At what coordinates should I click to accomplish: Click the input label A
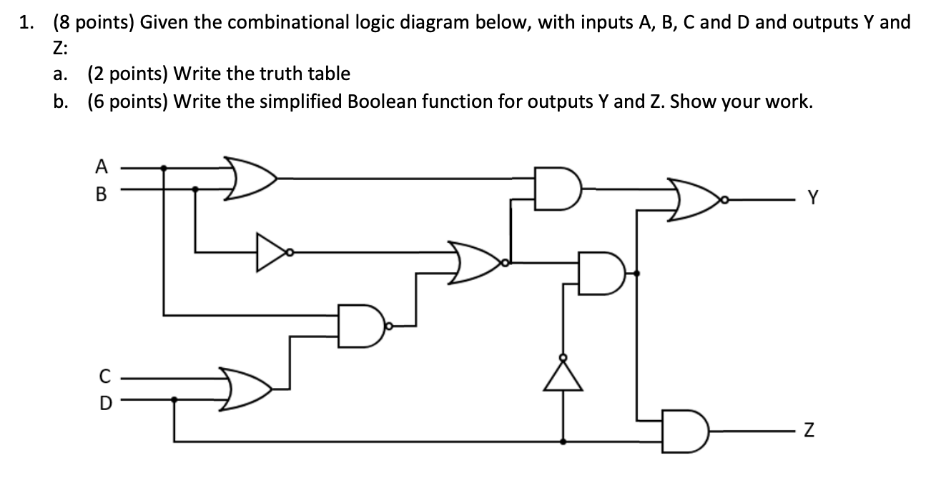(x=102, y=167)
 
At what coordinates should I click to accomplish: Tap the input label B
(x=102, y=191)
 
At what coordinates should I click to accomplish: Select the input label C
(x=105, y=374)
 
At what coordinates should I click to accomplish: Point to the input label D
(x=105, y=402)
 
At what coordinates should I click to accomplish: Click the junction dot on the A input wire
(x=165, y=169)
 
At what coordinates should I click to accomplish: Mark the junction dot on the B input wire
(x=197, y=190)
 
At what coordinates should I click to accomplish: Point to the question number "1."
(x=26, y=23)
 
